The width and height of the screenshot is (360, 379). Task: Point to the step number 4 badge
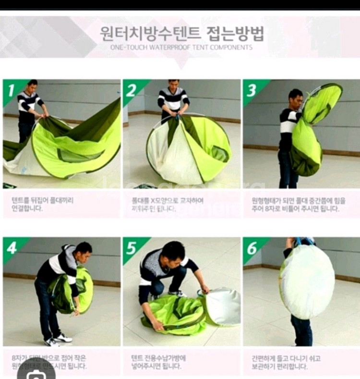[x=11, y=247]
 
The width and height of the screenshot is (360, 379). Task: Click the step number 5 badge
[x=131, y=247]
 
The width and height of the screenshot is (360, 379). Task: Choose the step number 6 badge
[x=251, y=247]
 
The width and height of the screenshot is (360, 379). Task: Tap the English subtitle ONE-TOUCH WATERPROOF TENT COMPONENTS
[x=181, y=48]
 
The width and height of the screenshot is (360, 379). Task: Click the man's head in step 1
[x=32, y=86]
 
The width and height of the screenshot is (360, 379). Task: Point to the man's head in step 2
[x=173, y=83]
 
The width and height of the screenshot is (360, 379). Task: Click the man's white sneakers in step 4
[x=58, y=339]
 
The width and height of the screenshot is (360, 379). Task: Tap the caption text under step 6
[x=287, y=362]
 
